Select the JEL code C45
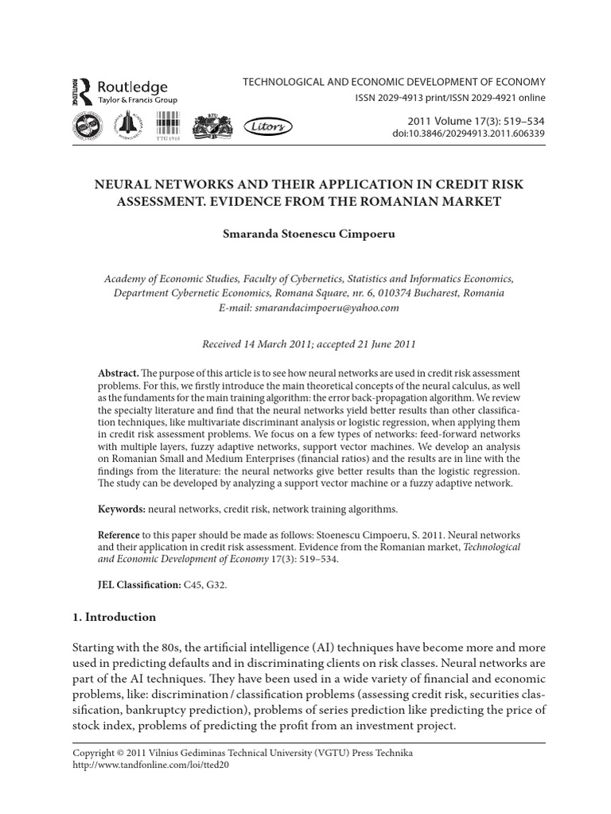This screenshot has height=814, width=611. pyautogui.click(x=192, y=584)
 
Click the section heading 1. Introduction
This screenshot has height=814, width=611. pyautogui.click(x=115, y=617)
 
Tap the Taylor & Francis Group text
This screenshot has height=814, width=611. pyautogui.click(x=137, y=101)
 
